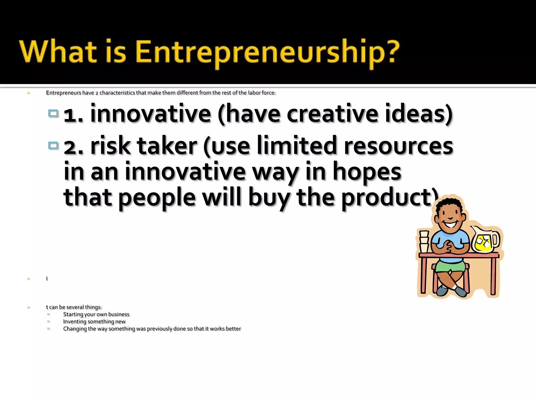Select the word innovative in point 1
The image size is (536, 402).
click(x=150, y=114)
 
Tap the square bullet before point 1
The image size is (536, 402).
click(x=53, y=113)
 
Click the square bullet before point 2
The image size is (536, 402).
click(x=53, y=145)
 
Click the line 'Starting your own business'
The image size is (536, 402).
click(x=96, y=314)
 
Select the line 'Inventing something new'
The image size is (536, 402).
click(x=94, y=322)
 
